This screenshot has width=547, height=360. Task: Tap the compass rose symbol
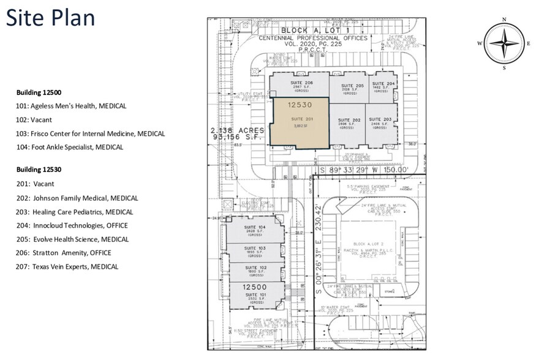click(x=504, y=43)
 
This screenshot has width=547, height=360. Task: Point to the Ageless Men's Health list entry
click(x=71, y=106)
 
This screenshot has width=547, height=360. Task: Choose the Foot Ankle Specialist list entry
click(x=69, y=147)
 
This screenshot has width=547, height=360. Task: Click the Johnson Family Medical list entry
click(x=77, y=198)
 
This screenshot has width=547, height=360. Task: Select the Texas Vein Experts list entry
click(x=67, y=266)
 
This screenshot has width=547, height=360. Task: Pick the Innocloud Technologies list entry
click(x=72, y=225)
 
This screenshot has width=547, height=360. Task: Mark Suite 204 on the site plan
click(x=383, y=87)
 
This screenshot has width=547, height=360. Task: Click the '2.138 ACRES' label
click(x=237, y=130)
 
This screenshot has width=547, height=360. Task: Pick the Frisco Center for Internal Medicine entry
click(x=90, y=133)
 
